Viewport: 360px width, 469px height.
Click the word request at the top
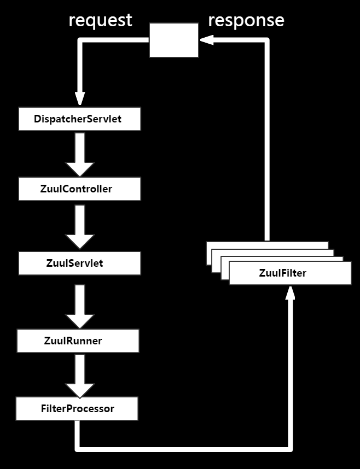[100, 20]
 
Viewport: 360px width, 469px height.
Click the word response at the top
[246, 20]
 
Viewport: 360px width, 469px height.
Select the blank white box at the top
[174, 40]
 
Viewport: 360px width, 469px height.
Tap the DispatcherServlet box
[80, 119]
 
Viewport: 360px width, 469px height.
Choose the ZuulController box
[80, 189]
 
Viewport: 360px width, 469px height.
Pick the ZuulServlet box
[80, 263]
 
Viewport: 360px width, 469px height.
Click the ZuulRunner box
[78, 341]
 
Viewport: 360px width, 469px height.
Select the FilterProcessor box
[77, 408]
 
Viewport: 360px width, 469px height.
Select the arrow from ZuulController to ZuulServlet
[80, 226]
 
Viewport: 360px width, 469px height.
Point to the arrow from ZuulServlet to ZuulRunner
[80, 305]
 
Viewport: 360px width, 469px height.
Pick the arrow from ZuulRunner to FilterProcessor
[80, 375]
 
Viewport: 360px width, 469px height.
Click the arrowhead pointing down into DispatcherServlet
[80, 99]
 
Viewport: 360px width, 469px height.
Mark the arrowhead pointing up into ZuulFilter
[291, 294]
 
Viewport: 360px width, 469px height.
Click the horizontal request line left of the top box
[115, 40]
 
